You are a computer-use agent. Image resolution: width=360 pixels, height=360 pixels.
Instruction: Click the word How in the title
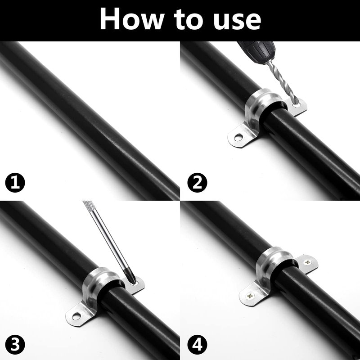coord(131,19)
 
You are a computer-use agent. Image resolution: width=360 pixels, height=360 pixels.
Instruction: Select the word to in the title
coord(188,20)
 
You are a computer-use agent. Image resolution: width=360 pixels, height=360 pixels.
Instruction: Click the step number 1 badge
coord(15,183)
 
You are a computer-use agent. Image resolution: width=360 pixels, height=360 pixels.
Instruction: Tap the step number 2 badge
coord(197,183)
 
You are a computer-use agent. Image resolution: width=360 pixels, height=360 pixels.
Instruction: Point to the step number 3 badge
coord(15,345)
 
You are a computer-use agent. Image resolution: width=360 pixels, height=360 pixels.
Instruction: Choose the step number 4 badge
coord(197,345)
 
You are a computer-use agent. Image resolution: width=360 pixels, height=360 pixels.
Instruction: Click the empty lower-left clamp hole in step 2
coord(238,137)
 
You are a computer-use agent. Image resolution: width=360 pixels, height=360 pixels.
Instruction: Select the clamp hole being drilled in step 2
coord(297,105)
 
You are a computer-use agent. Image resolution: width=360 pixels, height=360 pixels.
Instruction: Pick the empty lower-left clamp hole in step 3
coord(76,316)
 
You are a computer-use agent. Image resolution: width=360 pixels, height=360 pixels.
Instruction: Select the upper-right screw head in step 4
coord(307,262)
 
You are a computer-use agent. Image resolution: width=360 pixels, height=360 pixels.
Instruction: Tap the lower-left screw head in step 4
coord(250,296)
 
